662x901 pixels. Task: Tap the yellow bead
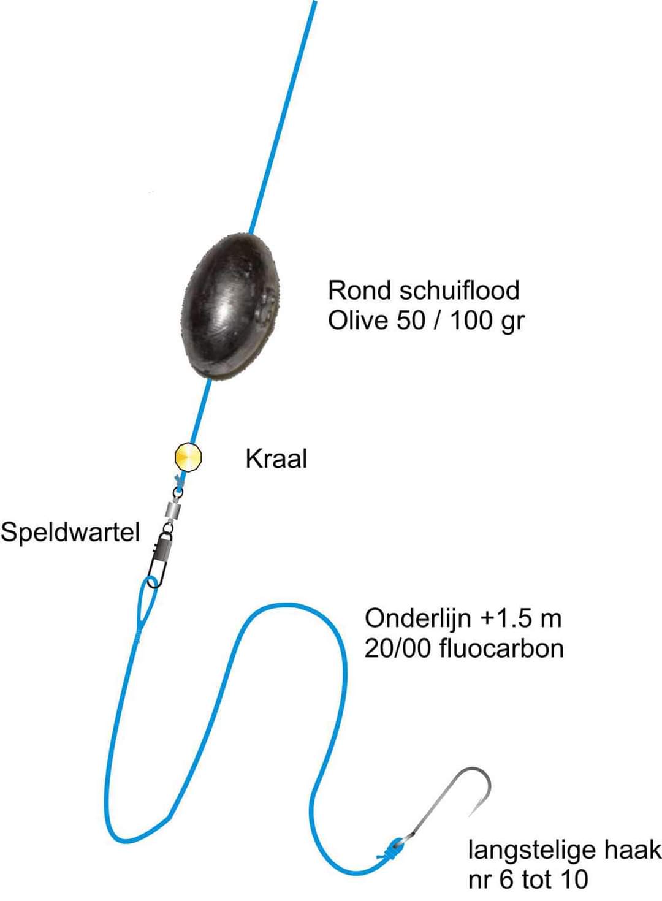188,457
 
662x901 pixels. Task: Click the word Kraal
276,458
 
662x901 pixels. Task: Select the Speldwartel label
70,531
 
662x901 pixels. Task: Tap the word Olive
359,320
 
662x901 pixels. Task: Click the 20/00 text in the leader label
398,648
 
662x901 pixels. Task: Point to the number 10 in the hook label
573,880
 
